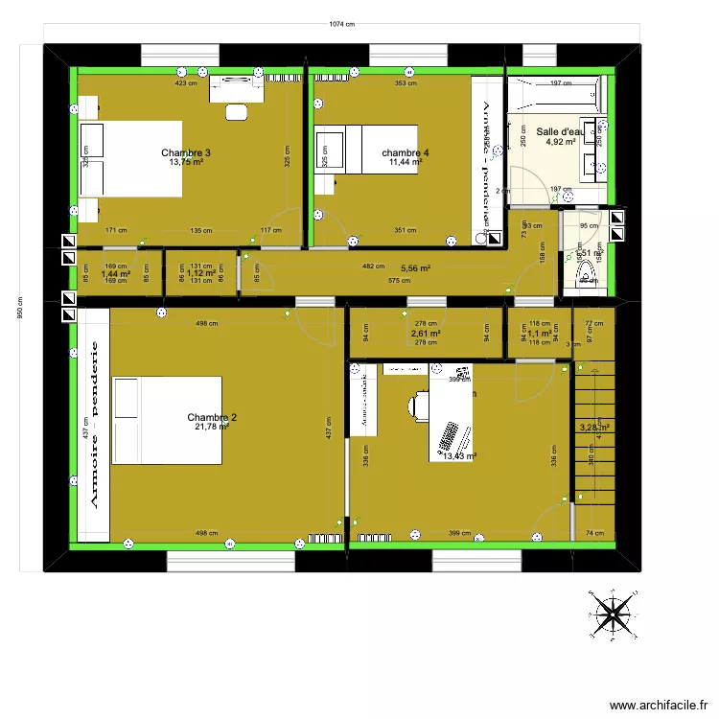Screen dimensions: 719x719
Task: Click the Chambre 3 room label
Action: coord(186,153)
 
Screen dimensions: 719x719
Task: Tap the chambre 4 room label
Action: coord(405,153)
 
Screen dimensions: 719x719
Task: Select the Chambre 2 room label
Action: coord(212,417)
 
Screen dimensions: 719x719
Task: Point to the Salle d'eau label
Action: coord(560,132)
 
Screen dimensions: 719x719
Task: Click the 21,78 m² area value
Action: coord(212,427)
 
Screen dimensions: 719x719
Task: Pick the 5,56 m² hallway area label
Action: coord(415,269)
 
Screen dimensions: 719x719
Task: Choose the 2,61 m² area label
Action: coord(426,334)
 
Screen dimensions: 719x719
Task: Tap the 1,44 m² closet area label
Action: coord(115,273)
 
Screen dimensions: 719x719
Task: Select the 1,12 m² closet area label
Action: coord(200,273)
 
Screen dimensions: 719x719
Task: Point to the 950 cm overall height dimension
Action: coord(20,309)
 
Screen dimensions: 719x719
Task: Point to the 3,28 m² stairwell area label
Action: coord(594,429)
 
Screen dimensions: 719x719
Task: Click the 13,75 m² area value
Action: coord(186,162)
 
